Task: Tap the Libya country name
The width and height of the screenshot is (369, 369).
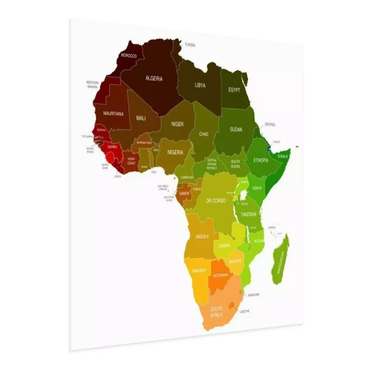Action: point(200,85)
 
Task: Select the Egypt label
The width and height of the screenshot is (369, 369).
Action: point(235,89)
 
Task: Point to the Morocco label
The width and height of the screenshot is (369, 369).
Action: point(129,55)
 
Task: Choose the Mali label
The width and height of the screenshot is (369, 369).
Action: point(141,118)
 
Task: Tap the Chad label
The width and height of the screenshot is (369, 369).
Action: point(204,134)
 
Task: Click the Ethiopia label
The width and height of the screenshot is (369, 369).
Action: point(261,160)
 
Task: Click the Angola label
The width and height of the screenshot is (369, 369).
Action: point(202,236)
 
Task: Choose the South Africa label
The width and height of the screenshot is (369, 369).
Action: point(218,311)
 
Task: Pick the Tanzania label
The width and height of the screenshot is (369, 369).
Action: point(247,214)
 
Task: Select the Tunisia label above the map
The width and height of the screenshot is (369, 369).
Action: point(190,45)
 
